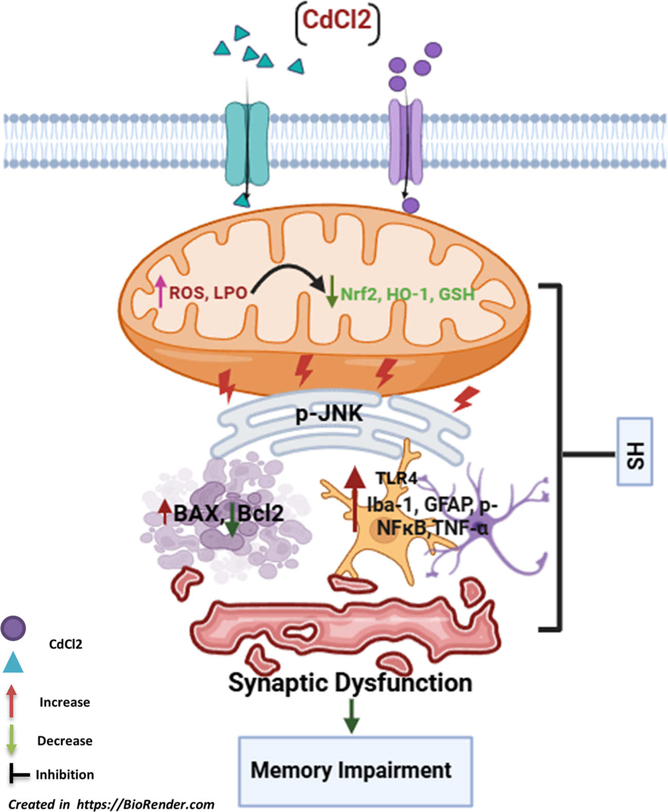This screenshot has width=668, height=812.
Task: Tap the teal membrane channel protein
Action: (x=247, y=142)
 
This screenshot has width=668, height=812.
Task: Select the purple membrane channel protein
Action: (x=405, y=141)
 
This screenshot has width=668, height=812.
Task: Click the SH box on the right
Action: (x=635, y=452)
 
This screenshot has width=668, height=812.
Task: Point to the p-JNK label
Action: (x=329, y=413)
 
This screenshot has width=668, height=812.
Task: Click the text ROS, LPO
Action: (x=208, y=293)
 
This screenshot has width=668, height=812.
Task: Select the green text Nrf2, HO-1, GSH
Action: (x=407, y=294)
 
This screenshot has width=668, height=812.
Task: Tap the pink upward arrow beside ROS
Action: (x=161, y=291)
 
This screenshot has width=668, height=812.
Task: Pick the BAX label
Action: (x=196, y=514)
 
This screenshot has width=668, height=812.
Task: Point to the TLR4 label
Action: (x=396, y=478)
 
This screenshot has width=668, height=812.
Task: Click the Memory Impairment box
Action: (x=355, y=771)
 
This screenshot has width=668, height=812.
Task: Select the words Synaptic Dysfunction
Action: (x=350, y=682)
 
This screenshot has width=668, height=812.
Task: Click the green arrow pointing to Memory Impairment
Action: (x=352, y=715)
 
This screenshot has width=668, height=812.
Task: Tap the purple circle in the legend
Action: (x=13, y=628)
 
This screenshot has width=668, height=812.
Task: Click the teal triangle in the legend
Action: (x=13, y=663)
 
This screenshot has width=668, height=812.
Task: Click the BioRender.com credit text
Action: (x=111, y=804)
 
